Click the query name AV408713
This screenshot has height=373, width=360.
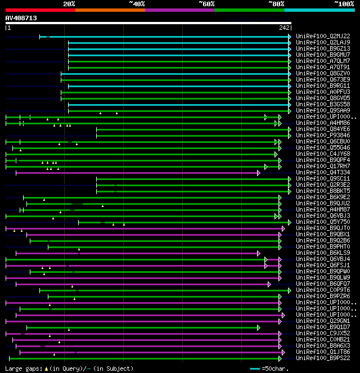[x=21, y=18]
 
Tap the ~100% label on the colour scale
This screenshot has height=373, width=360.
[x=344, y=3]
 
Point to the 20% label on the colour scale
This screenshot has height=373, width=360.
[x=69, y=3]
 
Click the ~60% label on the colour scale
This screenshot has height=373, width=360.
[x=206, y=3]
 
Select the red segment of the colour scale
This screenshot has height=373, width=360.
[x=40, y=10]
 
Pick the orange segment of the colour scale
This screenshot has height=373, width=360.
[x=110, y=10]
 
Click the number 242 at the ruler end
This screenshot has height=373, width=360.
[x=284, y=28]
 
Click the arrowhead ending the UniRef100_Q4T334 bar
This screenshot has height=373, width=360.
[x=259, y=173]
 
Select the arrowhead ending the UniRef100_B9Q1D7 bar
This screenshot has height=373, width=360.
[x=258, y=327]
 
